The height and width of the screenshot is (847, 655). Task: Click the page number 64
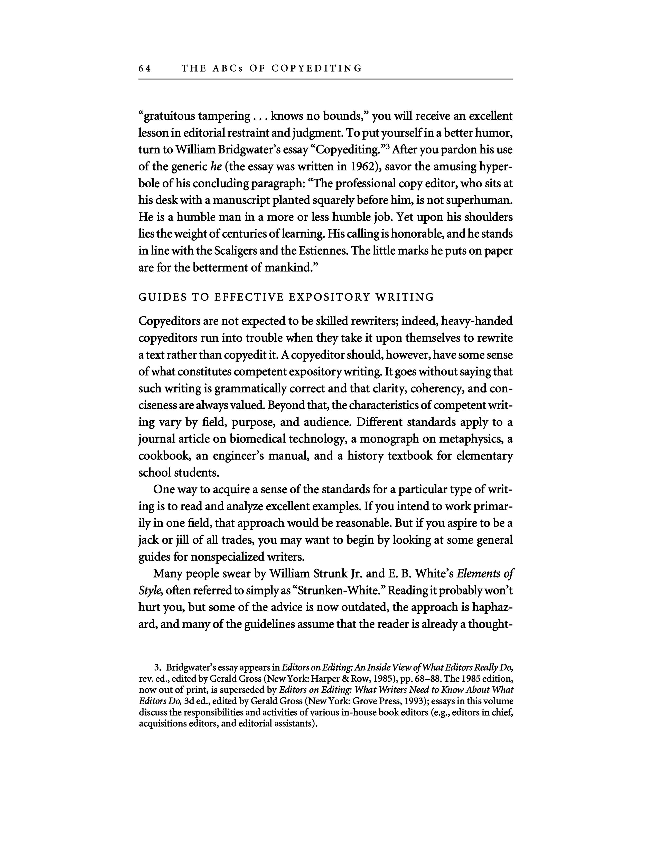[x=145, y=69]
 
